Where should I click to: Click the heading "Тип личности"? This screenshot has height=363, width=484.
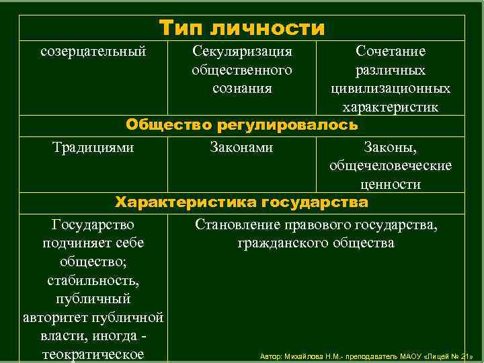[242, 28]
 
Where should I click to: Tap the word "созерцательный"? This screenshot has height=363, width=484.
[93, 51]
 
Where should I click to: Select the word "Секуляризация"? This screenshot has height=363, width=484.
[242, 51]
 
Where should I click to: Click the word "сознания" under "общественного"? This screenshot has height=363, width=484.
[242, 88]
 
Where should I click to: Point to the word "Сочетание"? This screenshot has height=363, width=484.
[391, 51]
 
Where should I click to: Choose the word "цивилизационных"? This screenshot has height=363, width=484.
[391, 88]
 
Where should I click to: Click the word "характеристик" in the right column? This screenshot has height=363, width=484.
[391, 107]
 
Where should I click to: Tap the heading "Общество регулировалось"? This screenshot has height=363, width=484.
[242, 125]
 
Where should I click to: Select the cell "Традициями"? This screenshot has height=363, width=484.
[93, 147]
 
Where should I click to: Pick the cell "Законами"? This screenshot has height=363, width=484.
[242, 147]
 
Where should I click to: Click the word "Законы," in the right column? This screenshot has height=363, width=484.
[391, 147]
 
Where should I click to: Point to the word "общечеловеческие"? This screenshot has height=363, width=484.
[391, 165]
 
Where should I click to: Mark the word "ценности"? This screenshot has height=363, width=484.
[391, 184]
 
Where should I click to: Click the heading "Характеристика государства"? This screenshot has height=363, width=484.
[242, 202]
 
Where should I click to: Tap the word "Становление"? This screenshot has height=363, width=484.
[233, 224]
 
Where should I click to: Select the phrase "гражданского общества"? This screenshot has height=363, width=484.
[316, 243]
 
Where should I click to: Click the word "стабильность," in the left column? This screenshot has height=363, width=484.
[93, 280]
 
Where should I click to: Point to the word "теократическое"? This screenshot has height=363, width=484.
[93, 354]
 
